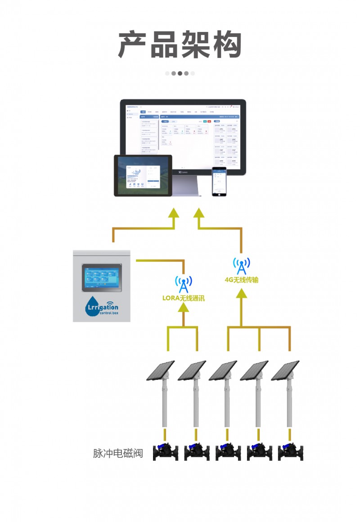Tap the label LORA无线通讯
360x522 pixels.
pos(183,298)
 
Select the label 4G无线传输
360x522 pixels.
pos(242,280)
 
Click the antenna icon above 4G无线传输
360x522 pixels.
pos(242,266)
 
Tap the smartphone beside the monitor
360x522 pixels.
pos(219,181)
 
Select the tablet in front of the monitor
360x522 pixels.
pos(143,175)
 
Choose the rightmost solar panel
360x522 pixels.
pos(286,371)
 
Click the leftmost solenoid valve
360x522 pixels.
pos(165,451)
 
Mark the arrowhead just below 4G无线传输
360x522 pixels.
pos(242,292)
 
